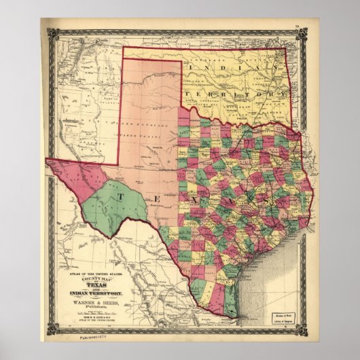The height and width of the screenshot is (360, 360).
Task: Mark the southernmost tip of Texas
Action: point(234,317)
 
